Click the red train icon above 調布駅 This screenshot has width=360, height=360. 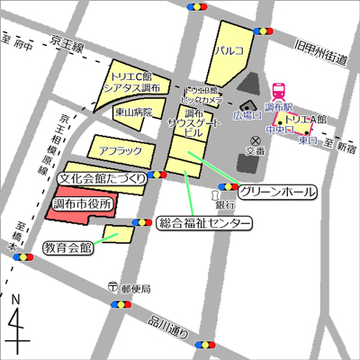(280, 91)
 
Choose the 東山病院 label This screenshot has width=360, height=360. (134, 112)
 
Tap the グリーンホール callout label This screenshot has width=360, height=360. (280, 193)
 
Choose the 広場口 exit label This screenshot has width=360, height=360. (246, 117)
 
